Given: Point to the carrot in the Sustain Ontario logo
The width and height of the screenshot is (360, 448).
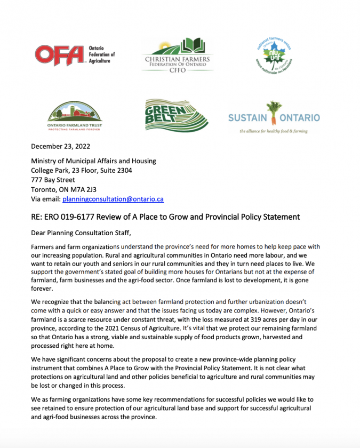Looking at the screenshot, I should [x=275, y=114].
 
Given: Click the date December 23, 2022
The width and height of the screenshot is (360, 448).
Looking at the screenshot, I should [x=60, y=146].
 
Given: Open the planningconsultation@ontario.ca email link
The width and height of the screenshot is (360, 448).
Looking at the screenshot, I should [x=113, y=199].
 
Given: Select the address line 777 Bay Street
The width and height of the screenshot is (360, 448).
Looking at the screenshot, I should [x=53, y=180].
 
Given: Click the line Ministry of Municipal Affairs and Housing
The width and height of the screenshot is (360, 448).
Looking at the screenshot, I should [x=93, y=161].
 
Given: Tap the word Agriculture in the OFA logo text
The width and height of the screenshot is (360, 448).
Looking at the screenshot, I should [x=100, y=61].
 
